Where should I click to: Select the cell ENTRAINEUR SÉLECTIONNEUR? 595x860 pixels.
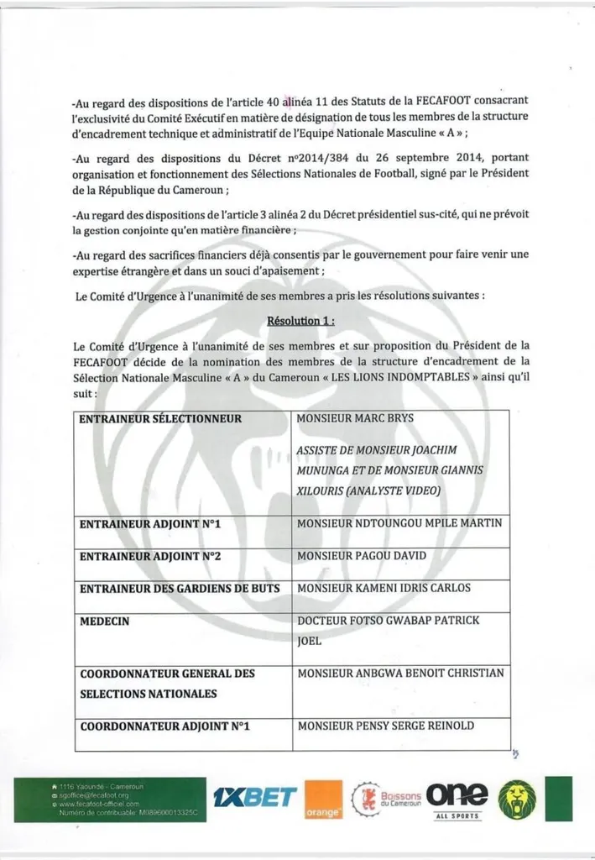(160, 418)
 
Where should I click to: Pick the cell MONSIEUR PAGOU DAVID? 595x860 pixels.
(362, 555)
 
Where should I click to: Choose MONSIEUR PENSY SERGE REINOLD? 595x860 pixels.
(386, 725)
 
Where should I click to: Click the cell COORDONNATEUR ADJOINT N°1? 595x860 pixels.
(165, 725)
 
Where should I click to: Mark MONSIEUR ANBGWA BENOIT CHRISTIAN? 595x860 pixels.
(400, 673)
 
